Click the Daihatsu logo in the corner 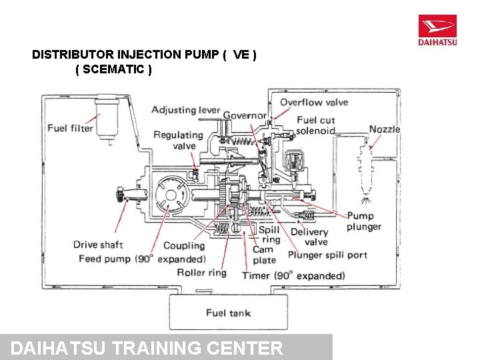(437, 31)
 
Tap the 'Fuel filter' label (70, 128)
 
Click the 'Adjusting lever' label (185, 110)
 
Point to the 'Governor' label (245, 115)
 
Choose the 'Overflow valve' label (313, 102)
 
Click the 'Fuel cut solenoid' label (315, 125)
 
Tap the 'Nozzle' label (384, 129)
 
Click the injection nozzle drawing (364, 170)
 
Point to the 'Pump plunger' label (364, 221)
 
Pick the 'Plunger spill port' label (327, 255)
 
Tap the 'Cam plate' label (264, 255)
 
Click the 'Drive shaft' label (98, 245)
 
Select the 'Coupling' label (184, 246)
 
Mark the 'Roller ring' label (201, 272)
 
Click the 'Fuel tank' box (228, 312)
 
